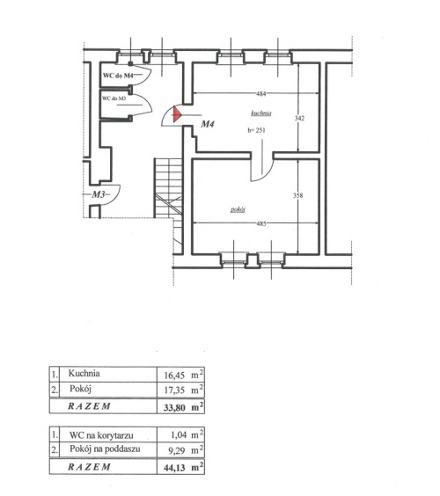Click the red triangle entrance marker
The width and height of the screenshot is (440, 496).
(176, 114)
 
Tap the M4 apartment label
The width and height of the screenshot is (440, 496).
(208, 124)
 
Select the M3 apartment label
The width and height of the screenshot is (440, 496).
(99, 194)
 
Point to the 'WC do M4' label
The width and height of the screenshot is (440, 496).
(117, 76)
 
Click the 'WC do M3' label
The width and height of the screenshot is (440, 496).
(114, 98)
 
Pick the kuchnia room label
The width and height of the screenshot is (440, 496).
(261, 113)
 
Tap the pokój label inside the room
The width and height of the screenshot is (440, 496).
(238, 209)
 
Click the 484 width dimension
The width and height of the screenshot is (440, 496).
(261, 93)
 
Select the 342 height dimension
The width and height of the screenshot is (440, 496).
(299, 118)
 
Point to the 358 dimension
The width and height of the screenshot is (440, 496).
(297, 195)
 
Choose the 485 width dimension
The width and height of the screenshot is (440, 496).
(261, 223)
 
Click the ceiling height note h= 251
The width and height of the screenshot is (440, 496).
(256, 130)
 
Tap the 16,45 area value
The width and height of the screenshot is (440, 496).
(174, 376)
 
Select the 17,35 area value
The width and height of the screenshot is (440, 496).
(174, 390)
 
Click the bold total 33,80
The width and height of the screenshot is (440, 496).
(174, 407)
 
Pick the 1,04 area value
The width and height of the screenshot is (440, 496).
(179, 435)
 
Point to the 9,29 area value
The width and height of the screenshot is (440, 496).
(177, 450)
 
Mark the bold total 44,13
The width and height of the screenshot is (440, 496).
(174, 468)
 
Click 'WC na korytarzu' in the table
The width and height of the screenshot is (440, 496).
(101, 435)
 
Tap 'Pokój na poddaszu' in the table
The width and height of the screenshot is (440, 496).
(105, 449)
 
